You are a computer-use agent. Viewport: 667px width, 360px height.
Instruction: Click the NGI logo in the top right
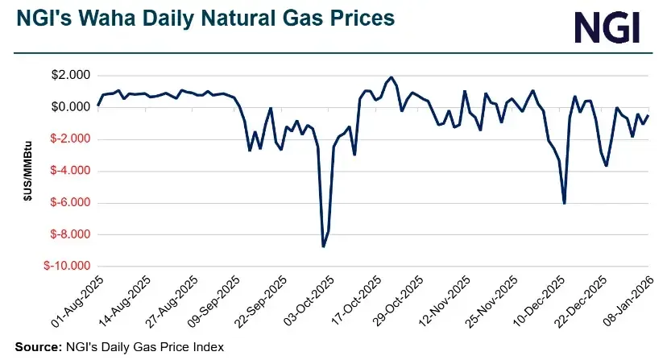(x=607, y=27)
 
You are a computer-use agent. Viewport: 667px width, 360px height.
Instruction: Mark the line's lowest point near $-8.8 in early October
(x=323, y=246)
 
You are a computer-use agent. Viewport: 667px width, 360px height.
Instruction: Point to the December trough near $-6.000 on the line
(x=564, y=203)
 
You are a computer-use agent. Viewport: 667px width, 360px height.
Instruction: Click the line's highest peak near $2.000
(x=391, y=77)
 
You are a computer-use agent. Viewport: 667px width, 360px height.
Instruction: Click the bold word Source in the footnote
(x=36, y=346)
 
